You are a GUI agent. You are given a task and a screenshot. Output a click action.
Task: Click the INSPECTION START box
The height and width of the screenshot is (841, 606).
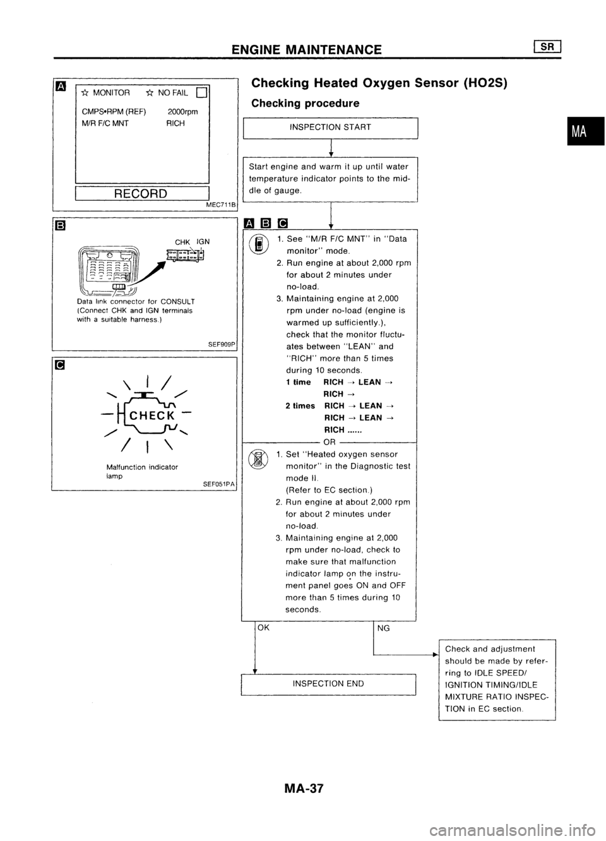[x=330, y=127]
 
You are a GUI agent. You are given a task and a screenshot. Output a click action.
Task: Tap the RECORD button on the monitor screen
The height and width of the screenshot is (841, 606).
[x=141, y=193]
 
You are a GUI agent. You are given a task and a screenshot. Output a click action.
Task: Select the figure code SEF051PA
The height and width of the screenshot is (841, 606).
[x=219, y=484]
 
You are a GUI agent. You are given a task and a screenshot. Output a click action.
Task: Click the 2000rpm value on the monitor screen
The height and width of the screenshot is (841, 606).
[x=183, y=112]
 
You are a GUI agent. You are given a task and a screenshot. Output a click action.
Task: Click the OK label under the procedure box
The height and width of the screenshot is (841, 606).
[x=263, y=628]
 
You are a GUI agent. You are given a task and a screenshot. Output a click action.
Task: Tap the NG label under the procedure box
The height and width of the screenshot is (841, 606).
[x=383, y=628]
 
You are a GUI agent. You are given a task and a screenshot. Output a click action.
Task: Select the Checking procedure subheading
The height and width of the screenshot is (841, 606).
[x=305, y=103]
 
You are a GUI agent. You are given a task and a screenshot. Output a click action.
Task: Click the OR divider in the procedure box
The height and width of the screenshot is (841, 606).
[x=329, y=441]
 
